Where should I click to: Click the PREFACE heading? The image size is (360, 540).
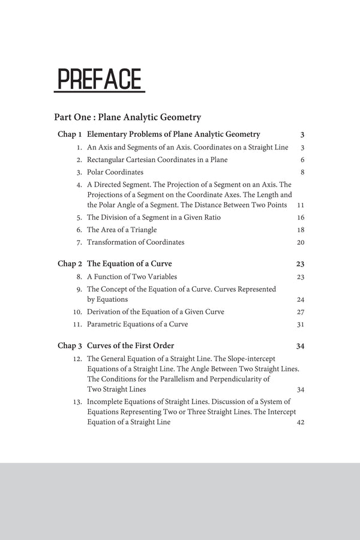[x=100, y=80]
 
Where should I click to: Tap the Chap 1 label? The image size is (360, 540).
[x=70, y=134]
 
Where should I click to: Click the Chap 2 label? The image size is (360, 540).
[x=70, y=263]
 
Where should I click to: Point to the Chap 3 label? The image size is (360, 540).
[x=70, y=346]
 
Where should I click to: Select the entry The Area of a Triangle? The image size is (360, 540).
[x=122, y=230]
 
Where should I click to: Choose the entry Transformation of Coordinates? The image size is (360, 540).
[x=136, y=242]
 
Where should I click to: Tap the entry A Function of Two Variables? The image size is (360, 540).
[x=133, y=277]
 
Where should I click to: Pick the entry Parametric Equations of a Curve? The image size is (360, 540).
[x=137, y=325]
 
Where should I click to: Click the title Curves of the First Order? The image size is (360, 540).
[x=131, y=346]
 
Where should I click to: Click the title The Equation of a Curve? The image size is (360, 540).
[x=125, y=263]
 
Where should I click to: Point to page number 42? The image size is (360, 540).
[x=301, y=423]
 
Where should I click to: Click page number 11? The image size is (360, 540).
[x=301, y=205]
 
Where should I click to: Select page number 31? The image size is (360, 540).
[x=301, y=325]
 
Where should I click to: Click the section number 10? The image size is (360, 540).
[x=77, y=312]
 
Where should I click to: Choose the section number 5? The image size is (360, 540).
[x=79, y=217]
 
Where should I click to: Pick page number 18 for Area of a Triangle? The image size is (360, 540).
[x=301, y=230]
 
